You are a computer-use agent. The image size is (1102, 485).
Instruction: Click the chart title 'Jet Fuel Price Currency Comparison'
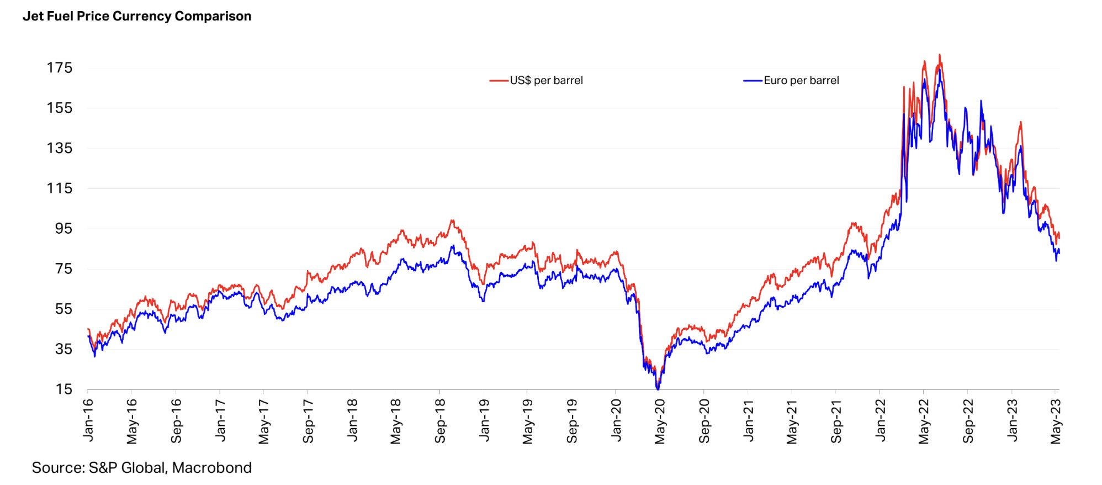coord(137,16)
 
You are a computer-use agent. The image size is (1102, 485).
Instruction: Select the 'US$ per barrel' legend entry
coord(546,81)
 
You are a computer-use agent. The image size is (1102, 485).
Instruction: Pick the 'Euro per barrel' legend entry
coord(801,81)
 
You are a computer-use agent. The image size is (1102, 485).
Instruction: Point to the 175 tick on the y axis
coord(60,68)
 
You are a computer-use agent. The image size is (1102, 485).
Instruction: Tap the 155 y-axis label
coord(60,108)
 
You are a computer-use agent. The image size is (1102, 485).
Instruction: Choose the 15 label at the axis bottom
coord(64,389)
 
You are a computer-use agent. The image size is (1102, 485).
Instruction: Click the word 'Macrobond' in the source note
coord(212,468)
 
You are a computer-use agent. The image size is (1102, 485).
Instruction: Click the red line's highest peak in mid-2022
coord(940,55)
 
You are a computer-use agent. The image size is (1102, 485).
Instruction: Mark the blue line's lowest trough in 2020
coord(658,389)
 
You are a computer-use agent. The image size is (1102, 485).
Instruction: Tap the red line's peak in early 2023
coord(1021,122)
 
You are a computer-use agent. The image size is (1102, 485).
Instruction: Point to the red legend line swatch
coord(499,81)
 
